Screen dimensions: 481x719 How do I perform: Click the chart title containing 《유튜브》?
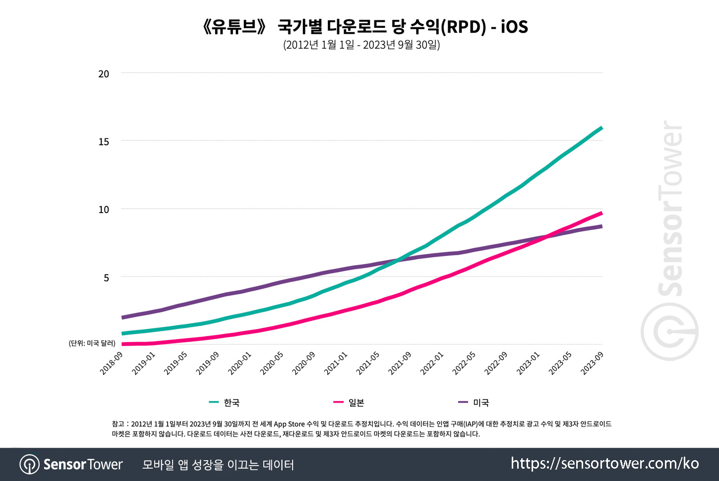tap(365, 26)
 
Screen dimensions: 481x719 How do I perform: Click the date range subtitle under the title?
tap(361, 45)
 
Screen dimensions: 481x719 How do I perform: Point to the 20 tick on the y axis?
tap(104, 74)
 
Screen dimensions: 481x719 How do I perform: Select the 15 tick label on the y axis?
tap(104, 142)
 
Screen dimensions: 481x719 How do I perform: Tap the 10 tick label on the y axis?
tap(104, 210)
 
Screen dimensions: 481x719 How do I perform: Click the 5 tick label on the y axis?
tap(106, 278)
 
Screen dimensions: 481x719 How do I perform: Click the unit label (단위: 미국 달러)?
tap(92, 343)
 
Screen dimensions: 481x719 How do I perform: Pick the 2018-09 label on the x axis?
tap(112, 363)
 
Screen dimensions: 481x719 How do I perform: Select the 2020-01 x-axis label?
tap(240, 363)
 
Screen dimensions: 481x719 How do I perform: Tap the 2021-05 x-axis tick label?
tap(368, 363)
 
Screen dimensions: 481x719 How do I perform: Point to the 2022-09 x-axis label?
tap(496, 363)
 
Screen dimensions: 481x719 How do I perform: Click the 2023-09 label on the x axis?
tap(592, 363)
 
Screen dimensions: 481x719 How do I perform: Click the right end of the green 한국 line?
tap(601, 128)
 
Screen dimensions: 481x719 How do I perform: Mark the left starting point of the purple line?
tap(123, 317)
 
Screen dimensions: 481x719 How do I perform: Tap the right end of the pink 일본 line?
tap(601, 213)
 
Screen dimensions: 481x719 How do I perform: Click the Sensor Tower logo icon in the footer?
tap(29, 465)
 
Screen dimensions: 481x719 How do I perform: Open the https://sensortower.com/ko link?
tap(604, 464)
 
